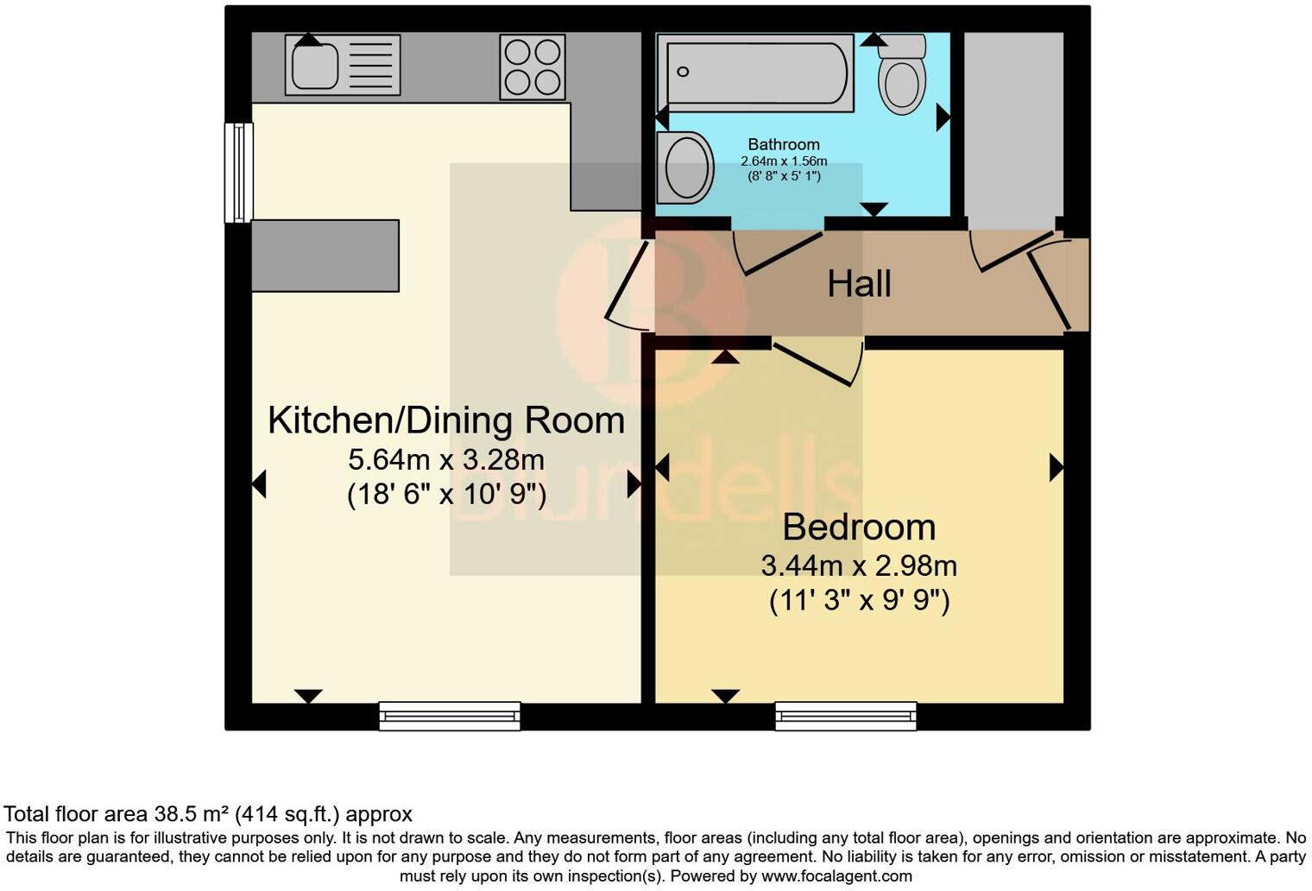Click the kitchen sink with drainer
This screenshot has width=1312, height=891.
point(343,65)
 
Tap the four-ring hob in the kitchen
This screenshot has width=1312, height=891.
point(533,66)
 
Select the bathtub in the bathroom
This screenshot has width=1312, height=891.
point(755,73)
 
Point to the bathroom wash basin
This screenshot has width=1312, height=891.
point(685,167)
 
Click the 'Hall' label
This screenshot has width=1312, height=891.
point(859,284)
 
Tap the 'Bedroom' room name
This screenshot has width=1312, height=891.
point(859,527)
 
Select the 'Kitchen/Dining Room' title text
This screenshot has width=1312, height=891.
point(446,420)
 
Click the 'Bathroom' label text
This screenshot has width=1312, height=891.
point(784,144)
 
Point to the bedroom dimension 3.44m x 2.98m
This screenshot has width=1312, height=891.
point(859,566)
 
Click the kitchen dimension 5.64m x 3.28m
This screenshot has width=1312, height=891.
point(446,458)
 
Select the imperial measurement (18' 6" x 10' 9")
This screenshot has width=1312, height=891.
point(446,495)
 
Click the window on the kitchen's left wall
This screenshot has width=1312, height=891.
point(239,173)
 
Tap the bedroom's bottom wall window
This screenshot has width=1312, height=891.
point(846,716)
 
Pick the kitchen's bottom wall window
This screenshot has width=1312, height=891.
point(450,716)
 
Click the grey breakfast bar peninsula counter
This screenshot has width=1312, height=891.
point(325,256)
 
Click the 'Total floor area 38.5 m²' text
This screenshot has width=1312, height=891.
point(207,814)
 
